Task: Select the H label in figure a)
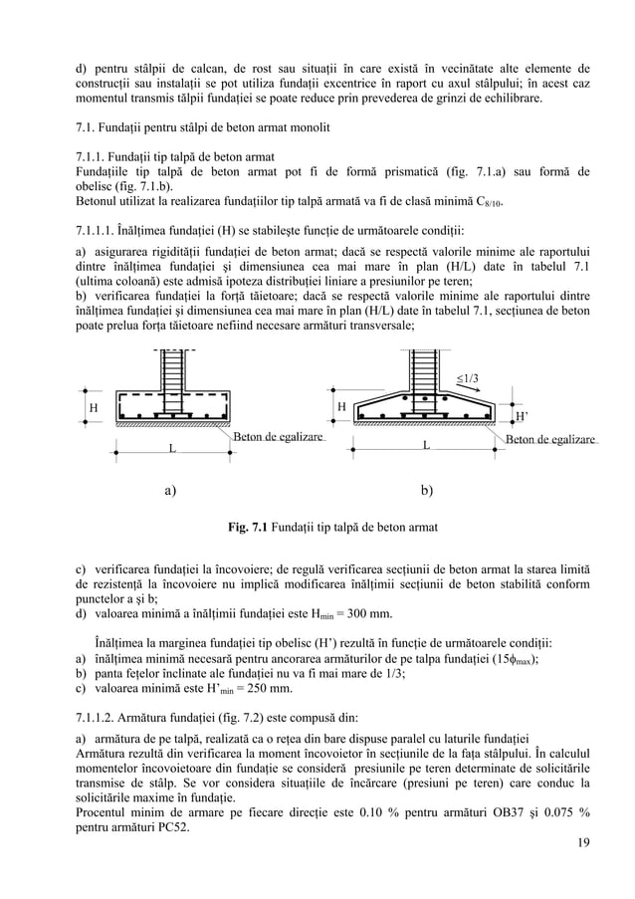94,409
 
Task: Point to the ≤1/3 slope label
467,377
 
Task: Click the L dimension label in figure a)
171,450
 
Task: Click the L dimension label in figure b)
426,445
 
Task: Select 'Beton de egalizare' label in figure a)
278,437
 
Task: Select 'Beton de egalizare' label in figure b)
550,438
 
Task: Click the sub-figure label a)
171,490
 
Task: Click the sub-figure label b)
427,490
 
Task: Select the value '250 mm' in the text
266,688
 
